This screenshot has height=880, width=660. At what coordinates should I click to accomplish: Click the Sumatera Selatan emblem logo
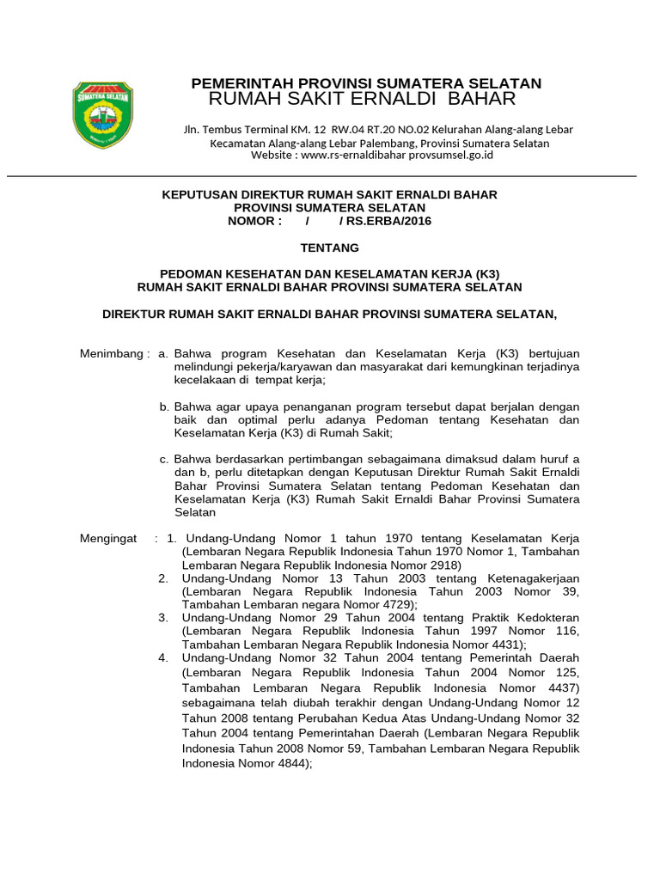click(102, 114)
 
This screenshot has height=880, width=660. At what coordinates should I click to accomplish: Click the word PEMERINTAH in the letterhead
click(230, 83)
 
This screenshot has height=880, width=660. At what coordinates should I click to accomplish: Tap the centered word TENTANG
click(329, 247)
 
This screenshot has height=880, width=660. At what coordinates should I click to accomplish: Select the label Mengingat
click(108, 538)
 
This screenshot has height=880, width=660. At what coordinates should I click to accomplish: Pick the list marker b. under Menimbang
click(164, 406)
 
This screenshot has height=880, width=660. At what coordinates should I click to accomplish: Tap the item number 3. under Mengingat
click(163, 618)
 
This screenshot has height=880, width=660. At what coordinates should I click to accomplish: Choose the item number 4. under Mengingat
click(163, 657)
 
